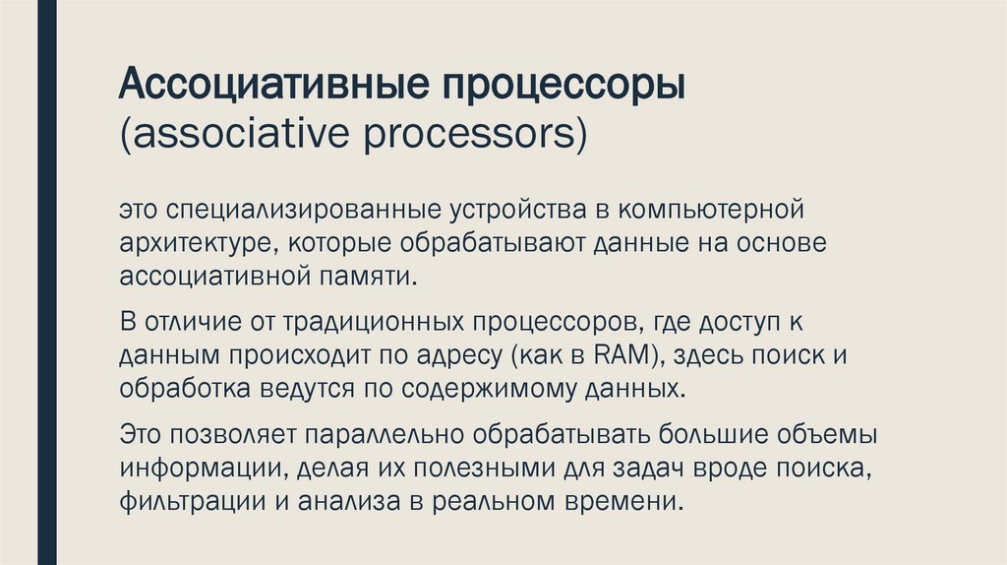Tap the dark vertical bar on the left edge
tap(46, 282)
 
